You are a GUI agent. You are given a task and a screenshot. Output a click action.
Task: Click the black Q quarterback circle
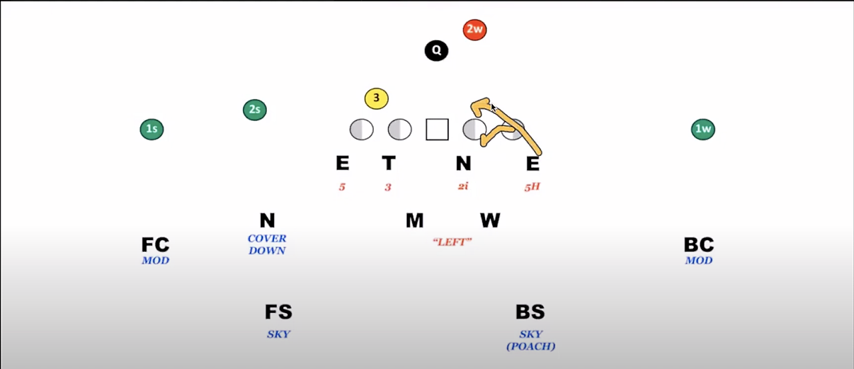coord(436,50)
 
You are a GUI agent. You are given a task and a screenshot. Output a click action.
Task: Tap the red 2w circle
coord(474,29)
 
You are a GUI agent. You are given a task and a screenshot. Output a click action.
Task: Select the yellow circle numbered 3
coord(376,99)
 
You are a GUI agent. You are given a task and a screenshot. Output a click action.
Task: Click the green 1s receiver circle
coord(152,129)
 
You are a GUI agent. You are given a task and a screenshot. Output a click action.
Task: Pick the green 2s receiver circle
coord(255,109)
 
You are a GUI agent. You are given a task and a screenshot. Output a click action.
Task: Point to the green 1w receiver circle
coord(703,129)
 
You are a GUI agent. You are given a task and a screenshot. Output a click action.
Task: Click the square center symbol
coord(437,129)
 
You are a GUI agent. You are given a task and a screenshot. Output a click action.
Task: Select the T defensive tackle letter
coord(388,163)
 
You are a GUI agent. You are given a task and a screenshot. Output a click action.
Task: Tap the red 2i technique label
coord(463,186)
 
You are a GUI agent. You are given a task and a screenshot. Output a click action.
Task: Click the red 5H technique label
coord(532,187)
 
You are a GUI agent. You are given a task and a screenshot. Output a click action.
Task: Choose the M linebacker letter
coord(414,220)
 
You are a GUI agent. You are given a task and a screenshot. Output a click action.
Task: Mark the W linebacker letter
coord(490,220)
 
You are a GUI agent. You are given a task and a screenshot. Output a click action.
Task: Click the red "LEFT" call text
coord(451,242)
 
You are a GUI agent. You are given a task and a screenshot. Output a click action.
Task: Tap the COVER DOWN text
coord(267,244)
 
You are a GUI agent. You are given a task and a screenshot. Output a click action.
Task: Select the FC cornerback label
coord(155,245)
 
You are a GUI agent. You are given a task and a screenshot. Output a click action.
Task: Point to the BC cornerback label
coord(699,245)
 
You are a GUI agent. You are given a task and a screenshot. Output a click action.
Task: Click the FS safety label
coord(278,312)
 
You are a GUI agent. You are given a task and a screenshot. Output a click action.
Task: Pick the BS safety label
coord(530,312)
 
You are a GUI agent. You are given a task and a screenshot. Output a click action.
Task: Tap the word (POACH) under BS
coord(531,346)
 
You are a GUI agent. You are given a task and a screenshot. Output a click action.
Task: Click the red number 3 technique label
coord(388,187)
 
